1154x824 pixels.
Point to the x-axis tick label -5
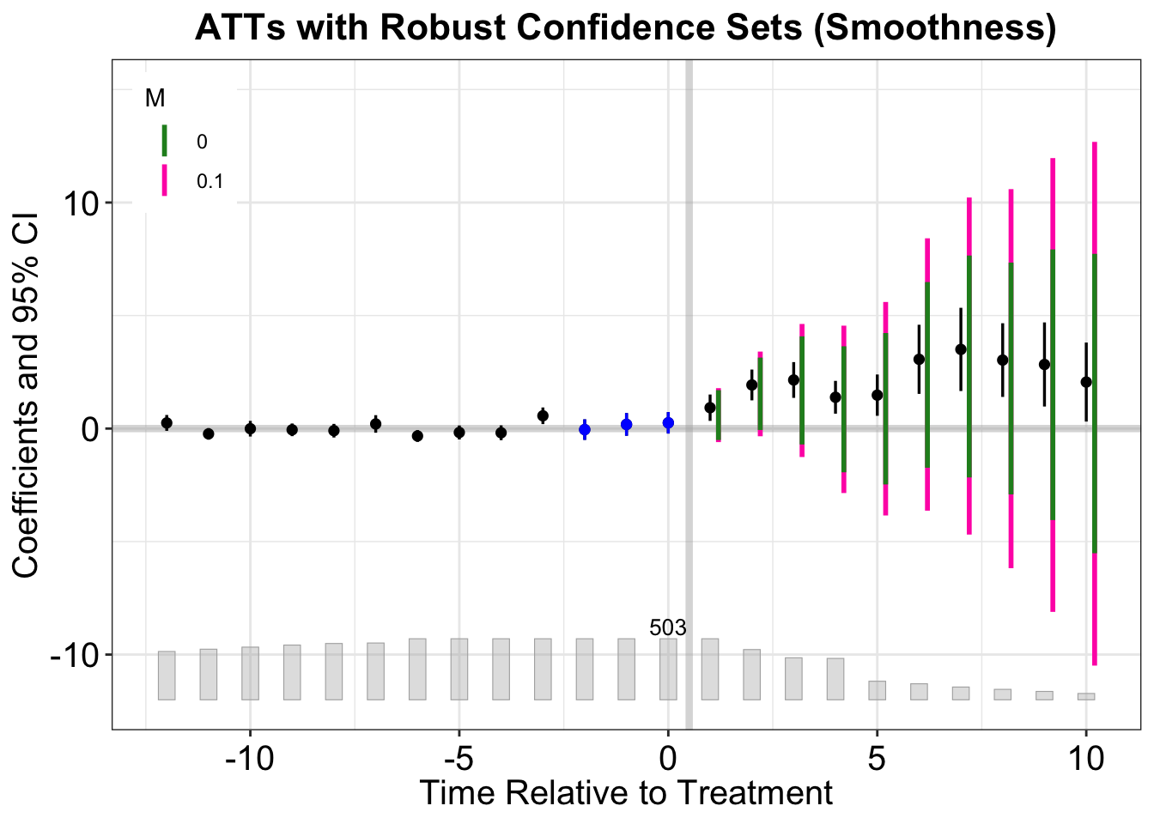click(x=459, y=760)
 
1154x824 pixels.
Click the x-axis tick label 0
click(x=668, y=760)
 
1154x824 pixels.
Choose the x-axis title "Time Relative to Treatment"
click(x=626, y=793)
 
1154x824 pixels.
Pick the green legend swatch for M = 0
click(x=165, y=141)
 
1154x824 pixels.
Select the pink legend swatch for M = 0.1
click(x=165, y=181)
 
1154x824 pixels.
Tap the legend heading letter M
click(x=155, y=99)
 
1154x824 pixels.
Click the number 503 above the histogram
click(x=668, y=628)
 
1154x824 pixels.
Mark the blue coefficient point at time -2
click(x=585, y=429)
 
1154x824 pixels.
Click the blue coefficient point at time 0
click(x=668, y=423)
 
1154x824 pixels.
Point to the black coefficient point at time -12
click(x=167, y=423)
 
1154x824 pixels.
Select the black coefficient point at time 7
click(x=961, y=349)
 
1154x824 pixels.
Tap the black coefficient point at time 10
click(x=1086, y=382)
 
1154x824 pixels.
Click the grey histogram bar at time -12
click(x=167, y=676)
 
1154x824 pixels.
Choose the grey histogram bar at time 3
click(x=793, y=678)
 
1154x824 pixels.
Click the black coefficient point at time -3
click(x=543, y=416)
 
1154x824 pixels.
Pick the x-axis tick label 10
click(x=1086, y=760)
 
